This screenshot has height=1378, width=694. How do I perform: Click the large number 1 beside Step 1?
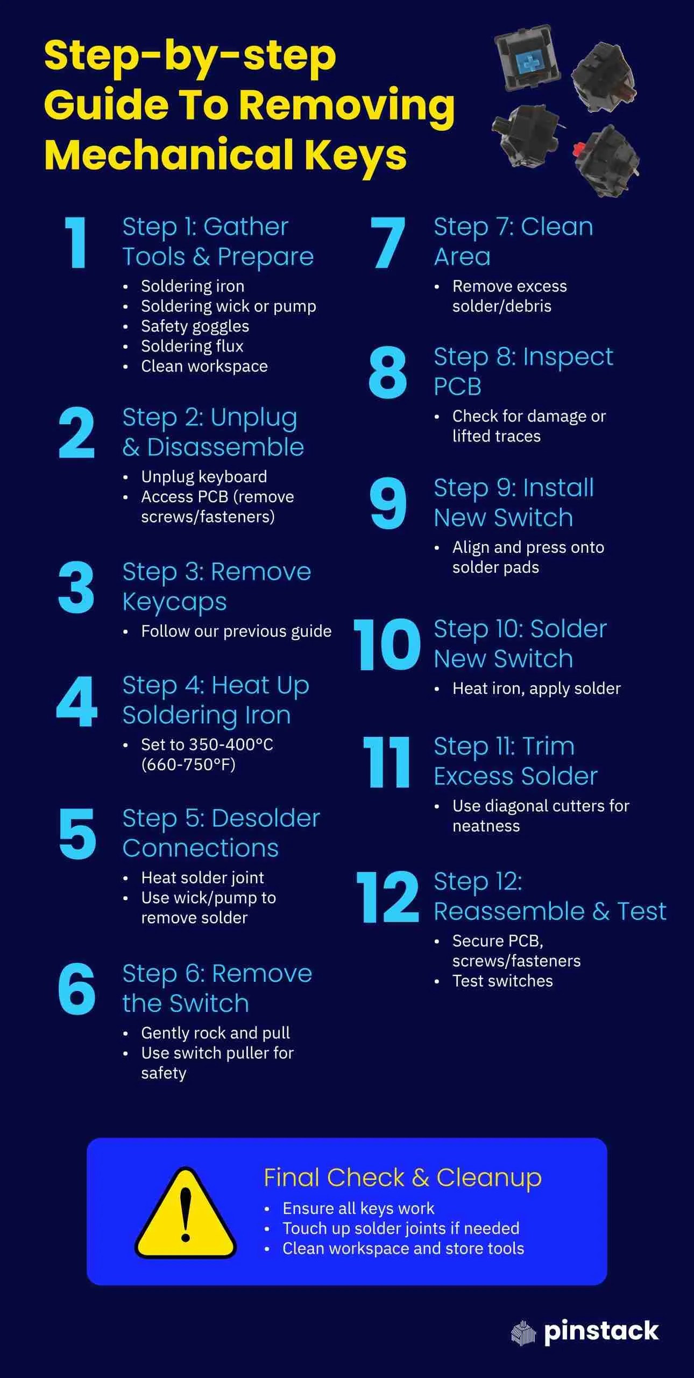pos(76,243)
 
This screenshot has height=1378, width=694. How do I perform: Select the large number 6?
pos(76,989)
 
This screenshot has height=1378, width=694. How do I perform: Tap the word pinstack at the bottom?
pos(601,1331)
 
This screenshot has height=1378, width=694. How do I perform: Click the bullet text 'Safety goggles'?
pos(195,326)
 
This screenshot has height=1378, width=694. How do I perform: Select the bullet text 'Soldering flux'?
pos(192,346)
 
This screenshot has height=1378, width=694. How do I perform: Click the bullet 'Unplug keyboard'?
pos(204,477)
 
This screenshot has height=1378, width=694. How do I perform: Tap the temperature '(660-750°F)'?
pos(188,765)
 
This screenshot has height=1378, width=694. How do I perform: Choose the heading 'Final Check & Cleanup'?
pos(402,1178)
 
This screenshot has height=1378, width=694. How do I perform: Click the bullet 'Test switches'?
pos(502,981)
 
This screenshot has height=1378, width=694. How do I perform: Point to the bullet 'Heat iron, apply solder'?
pos(536,688)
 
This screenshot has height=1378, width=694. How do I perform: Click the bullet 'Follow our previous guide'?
pos(236,631)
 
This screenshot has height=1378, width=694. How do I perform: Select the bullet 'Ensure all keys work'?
pos(358,1208)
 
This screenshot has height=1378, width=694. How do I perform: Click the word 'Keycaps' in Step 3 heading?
pos(174,602)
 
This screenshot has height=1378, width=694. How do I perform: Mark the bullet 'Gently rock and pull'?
pos(215,1033)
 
